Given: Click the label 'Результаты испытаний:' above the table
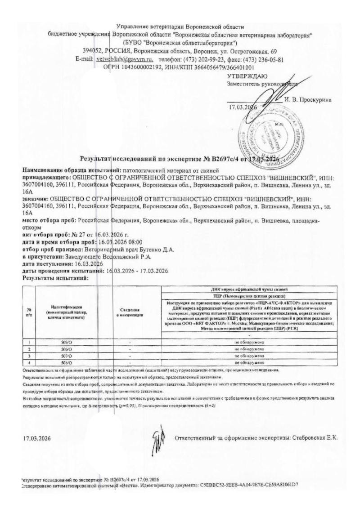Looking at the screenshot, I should pos(55,278).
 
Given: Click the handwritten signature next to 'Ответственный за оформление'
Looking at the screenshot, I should pos(157,436).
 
